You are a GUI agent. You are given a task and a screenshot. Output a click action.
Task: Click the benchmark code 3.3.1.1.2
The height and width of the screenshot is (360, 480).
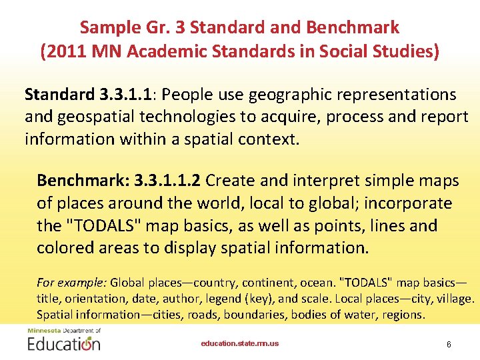pos(169,181)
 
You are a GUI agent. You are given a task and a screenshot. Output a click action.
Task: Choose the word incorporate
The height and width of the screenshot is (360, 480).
pos(403,203)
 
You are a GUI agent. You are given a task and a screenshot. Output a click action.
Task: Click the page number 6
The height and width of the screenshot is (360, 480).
pos(449,344)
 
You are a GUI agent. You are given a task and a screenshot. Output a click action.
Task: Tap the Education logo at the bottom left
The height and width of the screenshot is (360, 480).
pos(64,341)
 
